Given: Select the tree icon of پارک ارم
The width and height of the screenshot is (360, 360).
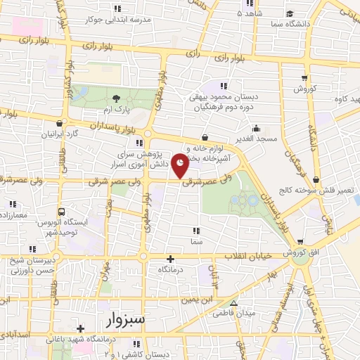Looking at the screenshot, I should coord(116,99).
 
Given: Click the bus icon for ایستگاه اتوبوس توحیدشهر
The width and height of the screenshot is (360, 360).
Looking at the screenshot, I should coord(63,211).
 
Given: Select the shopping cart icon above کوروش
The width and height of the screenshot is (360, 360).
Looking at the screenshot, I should coord(304,78).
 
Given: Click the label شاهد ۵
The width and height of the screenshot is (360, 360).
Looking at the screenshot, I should coord(249,13).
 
